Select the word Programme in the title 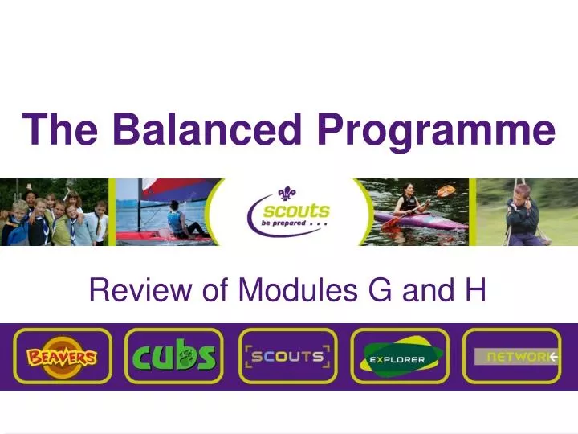click(x=436, y=130)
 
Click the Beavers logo click(x=61, y=356)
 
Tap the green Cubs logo click(x=174, y=356)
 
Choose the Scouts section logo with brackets click(x=287, y=356)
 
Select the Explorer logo click(x=400, y=356)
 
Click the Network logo click(x=514, y=356)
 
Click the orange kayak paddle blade click(x=447, y=191)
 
